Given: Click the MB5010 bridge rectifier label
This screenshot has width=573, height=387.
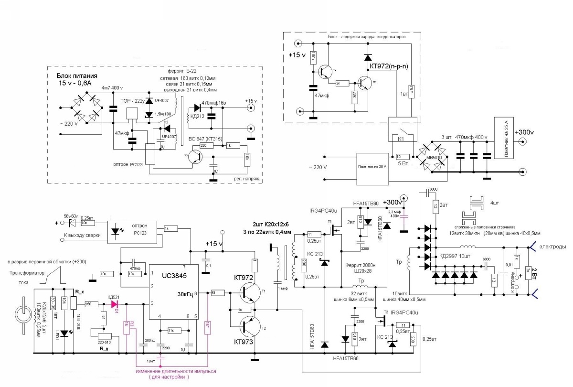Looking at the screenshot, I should coord(432,156).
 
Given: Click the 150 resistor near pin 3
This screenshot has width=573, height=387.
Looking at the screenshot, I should coord(88,303).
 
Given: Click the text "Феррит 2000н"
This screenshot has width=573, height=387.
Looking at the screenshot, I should coord(360,265).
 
